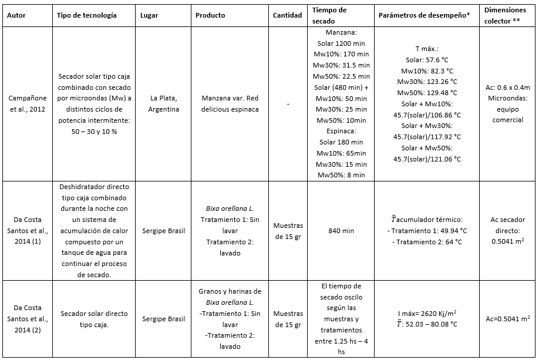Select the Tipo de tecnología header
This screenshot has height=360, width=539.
[86, 15]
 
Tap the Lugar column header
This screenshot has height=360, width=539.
[150, 15]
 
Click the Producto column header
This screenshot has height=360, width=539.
[210, 15]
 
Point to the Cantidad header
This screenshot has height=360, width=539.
[288, 15]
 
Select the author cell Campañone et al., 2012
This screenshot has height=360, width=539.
[29, 104]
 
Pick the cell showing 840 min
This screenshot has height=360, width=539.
[341, 231]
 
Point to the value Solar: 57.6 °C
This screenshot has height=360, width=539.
[427, 60]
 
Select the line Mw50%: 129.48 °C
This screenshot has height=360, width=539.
[427, 93]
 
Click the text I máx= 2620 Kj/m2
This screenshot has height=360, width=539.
[427, 314]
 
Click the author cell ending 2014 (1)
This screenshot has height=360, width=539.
[29, 231]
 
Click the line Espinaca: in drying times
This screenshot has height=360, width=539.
[341, 131]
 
